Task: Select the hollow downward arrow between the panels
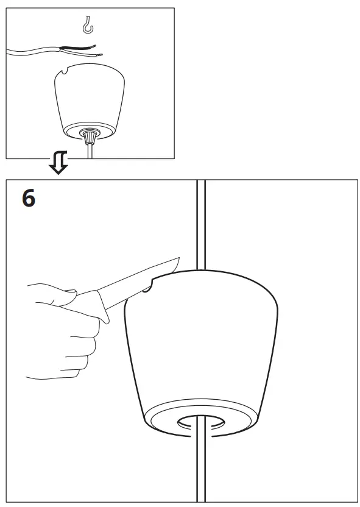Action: (58, 163)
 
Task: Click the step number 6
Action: (28, 199)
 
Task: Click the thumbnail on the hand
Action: (69, 295)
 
